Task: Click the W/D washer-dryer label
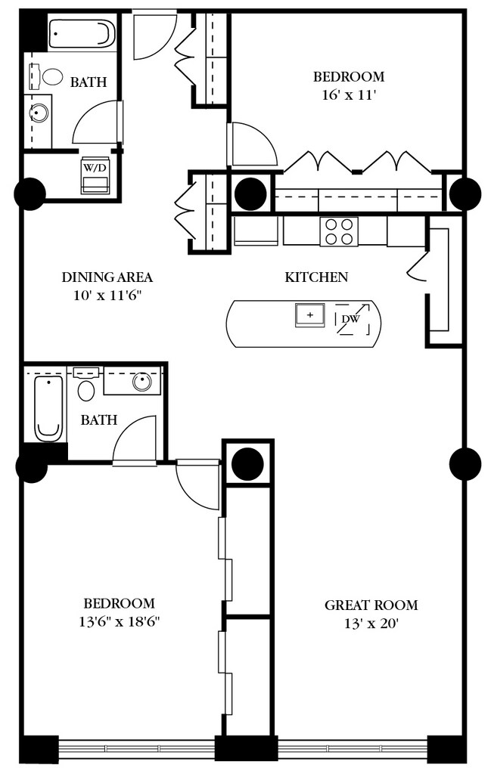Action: click(x=95, y=168)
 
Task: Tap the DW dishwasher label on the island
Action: click(x=351, y=319)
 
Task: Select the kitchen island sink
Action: click(x=309, y=315)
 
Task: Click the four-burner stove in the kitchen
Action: click(x=339, y=231)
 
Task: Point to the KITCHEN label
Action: click(x=316, y=277)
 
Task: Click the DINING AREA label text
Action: click(x=107, y=277)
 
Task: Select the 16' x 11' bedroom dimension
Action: click(x=350, y=94)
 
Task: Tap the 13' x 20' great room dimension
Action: click(x=371, y=624)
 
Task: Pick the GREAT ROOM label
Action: click(x=371, y=605)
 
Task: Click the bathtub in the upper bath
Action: click(x=82, y=33)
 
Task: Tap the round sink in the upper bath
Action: click(x=39, y=113)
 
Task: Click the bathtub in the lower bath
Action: click(x=49, y=408)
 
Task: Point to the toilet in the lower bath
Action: click(x=86, y=385)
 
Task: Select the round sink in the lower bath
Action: click(x=142, y=381)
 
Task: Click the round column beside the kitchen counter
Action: click(x=250, y=194)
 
